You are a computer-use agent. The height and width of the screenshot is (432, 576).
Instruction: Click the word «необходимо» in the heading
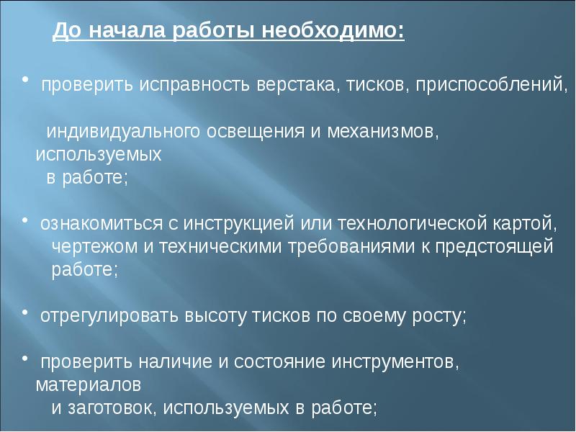(333, 30)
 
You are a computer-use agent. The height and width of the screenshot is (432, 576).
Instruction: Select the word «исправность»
(194, 86)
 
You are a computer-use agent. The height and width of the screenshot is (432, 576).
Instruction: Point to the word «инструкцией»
(239, 224)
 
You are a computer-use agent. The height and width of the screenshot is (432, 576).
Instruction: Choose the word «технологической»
(412, 224)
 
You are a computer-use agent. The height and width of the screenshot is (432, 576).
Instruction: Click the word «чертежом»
(94, 247)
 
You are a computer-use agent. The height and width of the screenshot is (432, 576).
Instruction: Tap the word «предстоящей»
(494, 247)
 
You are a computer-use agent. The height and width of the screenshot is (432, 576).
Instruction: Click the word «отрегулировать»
(109, 316)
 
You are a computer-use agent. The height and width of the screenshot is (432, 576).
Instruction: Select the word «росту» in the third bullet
(439, 316)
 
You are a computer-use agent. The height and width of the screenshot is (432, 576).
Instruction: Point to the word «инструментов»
(395, 362)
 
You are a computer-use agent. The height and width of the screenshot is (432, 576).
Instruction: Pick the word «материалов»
(88, 385)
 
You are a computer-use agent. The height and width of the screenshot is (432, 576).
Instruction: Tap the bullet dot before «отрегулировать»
(25, 312)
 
